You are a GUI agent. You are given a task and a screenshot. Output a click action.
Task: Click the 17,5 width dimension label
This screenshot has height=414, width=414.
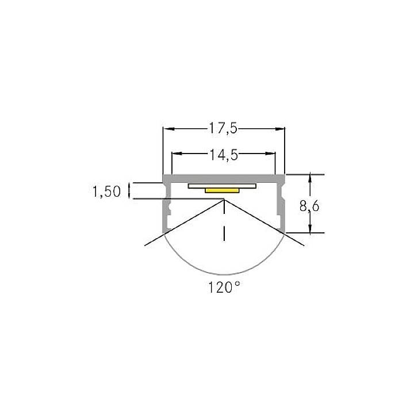point(224,129)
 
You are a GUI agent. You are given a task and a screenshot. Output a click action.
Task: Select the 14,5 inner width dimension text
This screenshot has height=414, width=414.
point(224,154)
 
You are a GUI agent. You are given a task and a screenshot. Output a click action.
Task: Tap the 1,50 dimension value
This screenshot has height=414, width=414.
point(107,191)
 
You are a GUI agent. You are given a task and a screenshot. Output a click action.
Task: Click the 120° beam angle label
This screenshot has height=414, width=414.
point(224,287)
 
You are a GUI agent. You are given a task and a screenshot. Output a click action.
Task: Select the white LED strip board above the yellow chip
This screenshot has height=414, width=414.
point(222,186)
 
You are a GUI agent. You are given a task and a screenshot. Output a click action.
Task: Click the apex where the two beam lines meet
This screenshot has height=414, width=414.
point(224,200)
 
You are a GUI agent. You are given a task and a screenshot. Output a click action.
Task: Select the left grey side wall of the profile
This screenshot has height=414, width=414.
point(166,207)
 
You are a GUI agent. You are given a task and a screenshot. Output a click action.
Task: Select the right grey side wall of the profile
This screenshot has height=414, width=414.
point(282,207)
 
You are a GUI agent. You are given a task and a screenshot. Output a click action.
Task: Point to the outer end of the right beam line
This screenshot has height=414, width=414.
point(304,246)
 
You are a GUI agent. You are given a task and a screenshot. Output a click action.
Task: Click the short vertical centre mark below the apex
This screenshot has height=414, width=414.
point(224,232)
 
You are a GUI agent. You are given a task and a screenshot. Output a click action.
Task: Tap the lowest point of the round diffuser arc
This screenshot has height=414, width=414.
point(224,274)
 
